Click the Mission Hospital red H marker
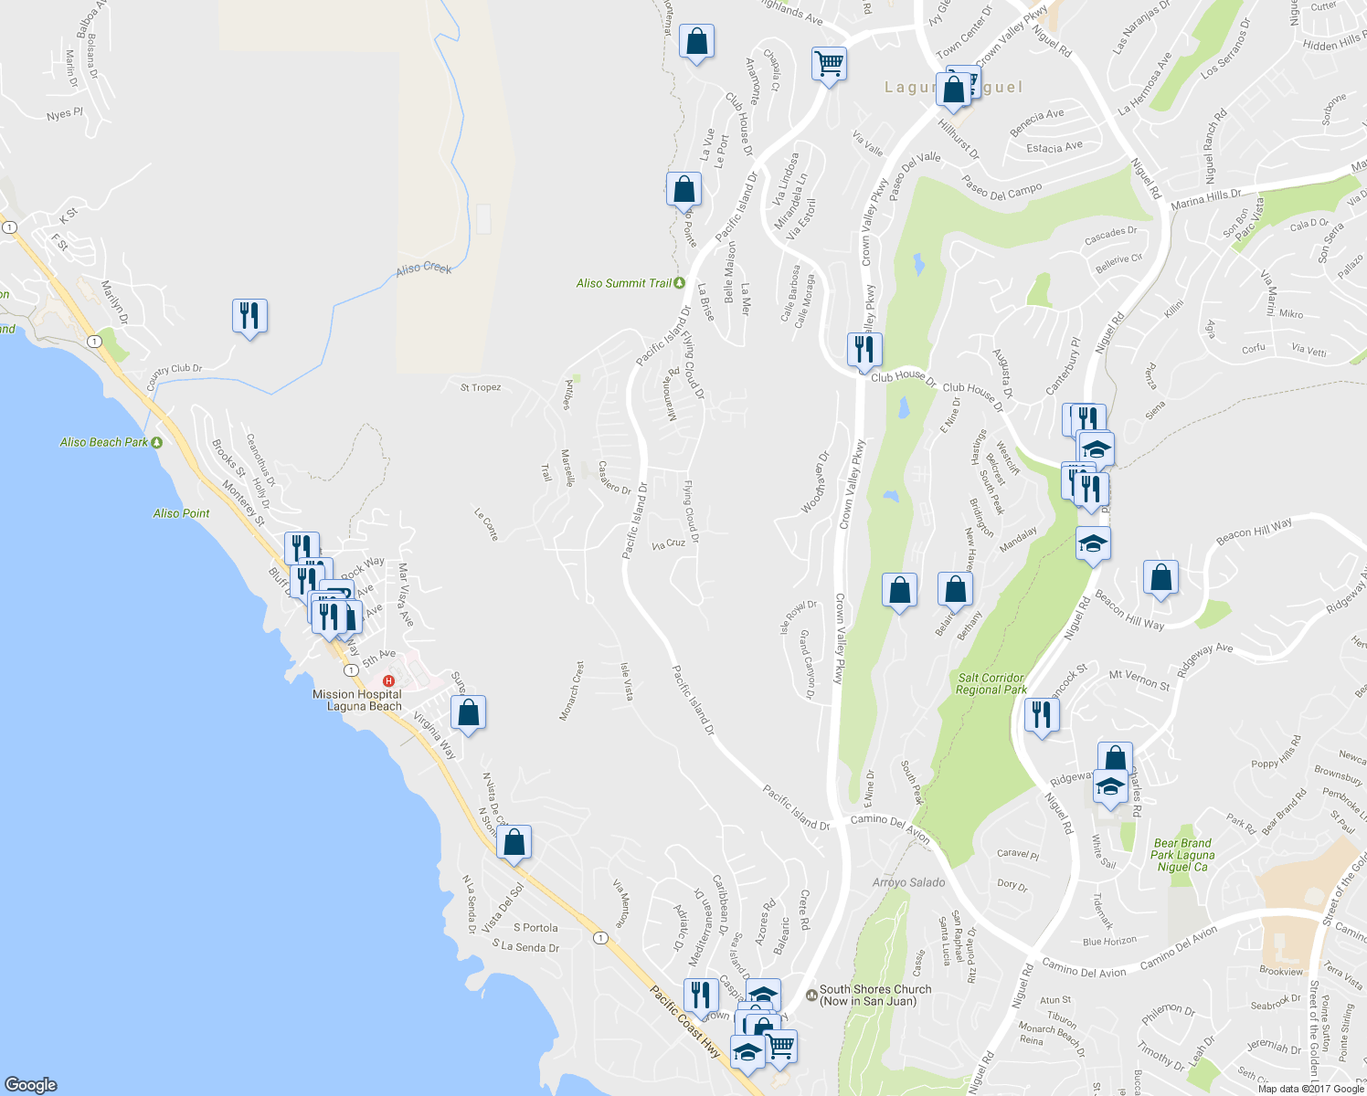(x=389, y=680)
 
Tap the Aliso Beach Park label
(x=104, y=442)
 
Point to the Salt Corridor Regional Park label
(x=991, y=684)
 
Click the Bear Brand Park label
(x=1182, y=855)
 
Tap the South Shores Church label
(x=874, y=995)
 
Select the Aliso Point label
(x=181, y=513)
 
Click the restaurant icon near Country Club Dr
(x=249, y=316)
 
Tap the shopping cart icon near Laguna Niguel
(x=829, y=65)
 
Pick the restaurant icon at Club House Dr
(x=864, y=349)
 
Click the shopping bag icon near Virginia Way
(x=468, y=712)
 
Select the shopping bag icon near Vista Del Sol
(x=514, y=842)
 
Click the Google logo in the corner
(x=31, y=1084)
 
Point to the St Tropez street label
(x=481, y=387)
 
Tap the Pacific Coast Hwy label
(x=684, y=1022)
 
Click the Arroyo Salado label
(x=908, y=882)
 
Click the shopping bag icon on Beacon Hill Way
(x=1160, y=579)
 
